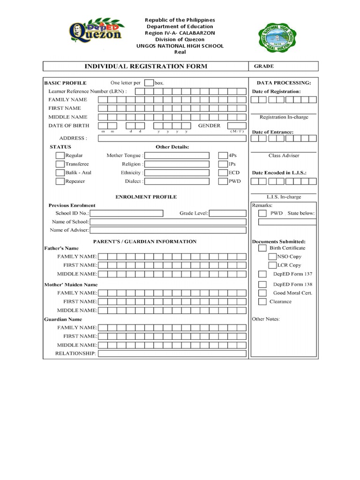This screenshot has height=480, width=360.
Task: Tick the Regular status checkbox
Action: [60, 155]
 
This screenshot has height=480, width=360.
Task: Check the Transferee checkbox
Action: [60, 164]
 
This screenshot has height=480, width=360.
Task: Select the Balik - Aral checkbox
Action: [60, 172]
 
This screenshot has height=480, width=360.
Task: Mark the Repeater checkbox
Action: [60, 181]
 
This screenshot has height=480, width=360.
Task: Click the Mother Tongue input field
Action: [177, 155]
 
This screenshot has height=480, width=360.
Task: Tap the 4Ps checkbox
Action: [223, 155]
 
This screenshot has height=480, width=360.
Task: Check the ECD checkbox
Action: [223, 172]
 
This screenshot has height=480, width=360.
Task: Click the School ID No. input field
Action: [129, 213]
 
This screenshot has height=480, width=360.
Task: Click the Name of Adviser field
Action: [168, 230]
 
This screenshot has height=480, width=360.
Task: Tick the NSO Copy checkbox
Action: [272, 256]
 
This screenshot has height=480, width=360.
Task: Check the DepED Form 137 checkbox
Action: [262, 274]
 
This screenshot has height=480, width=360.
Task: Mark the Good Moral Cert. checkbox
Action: [262, 293]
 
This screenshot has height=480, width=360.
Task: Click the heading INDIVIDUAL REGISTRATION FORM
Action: [145, 67]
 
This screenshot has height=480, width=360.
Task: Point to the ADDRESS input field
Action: [172, 138]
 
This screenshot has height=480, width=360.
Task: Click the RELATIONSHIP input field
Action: [172, 353]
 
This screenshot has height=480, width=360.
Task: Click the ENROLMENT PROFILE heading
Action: [146, 197]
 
